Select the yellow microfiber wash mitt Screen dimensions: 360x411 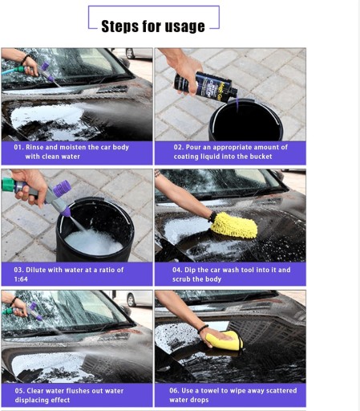pyautogui.click(x=234, y=225)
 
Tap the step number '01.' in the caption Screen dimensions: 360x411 pyautogui.click(x=18, y=147)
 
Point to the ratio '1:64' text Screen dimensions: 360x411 pyautogui.click(x=21, y=279)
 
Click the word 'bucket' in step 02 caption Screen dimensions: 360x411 pyautogui.click(x=261, y=157)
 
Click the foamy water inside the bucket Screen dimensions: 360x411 pyautogui.click(x=93, y=242)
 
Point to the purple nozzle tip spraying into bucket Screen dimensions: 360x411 pyautogui.click(x=66, y=212)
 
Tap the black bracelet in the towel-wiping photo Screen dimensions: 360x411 pyautogui.click(x=203, y=329)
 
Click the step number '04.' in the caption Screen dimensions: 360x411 pyautogui.click(x=177, y=270)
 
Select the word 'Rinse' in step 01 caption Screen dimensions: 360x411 pyautogui.click(x=34, y=147)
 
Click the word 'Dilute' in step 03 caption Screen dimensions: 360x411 pyautogui.click(x=35, y=270)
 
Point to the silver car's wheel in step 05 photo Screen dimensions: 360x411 pyautogui.click(x=131, y=300)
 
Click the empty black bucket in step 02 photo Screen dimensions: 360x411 pyautogui.click(x=246, y=120)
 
